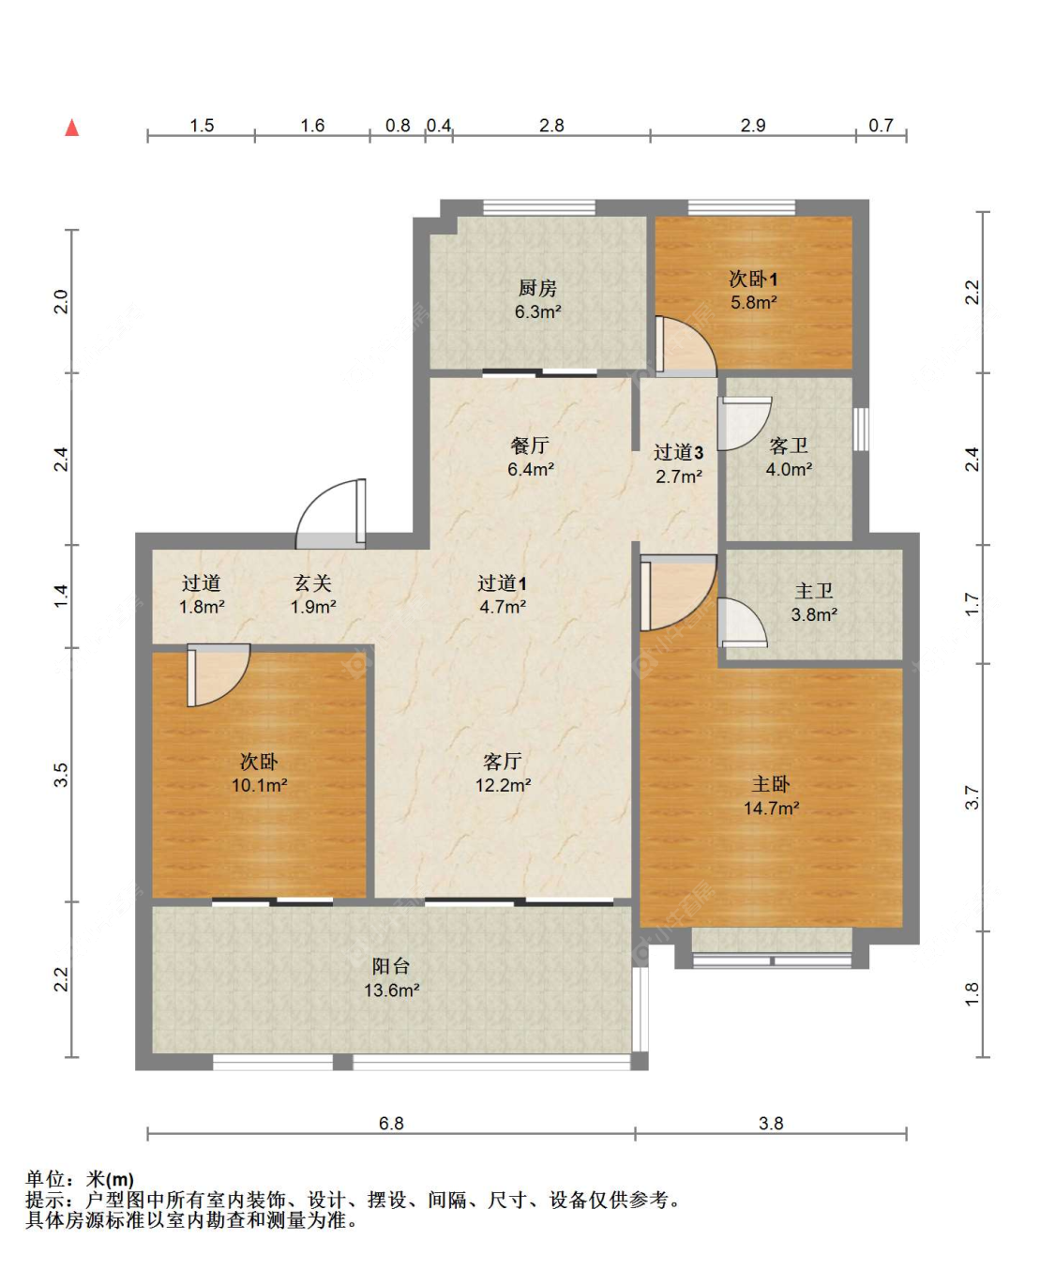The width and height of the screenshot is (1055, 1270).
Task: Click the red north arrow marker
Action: pos(72,128)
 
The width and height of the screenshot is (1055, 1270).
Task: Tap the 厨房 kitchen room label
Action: pos(537,288)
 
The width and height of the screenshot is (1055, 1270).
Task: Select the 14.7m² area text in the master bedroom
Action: pos(771,809)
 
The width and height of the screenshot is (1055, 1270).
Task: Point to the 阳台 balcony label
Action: pos(391,966)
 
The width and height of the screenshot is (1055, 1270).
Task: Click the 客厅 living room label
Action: pos(503,761)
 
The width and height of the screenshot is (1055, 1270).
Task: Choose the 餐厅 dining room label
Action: pos(530,446)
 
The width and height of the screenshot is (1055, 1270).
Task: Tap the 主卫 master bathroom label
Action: pos(814,591)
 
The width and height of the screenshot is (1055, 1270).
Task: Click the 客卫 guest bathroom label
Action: pos(789,446)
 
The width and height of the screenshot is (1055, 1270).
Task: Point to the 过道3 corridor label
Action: pos(679,452)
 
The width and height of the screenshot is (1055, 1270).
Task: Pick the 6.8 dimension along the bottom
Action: pos(391,1124)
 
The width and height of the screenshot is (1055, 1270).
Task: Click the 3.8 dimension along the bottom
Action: pos(771,1124)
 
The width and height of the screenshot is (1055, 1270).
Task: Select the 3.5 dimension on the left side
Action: pos(61,775)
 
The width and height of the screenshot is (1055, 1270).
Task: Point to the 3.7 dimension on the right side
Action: pos(972,797)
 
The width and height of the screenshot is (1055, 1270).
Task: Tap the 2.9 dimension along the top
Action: pos(753,126)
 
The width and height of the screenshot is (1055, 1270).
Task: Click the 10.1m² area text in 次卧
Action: pos(259,785)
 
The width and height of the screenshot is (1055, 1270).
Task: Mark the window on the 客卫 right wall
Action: pos(861,429)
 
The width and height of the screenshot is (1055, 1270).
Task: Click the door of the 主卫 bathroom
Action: pos(741,622)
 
